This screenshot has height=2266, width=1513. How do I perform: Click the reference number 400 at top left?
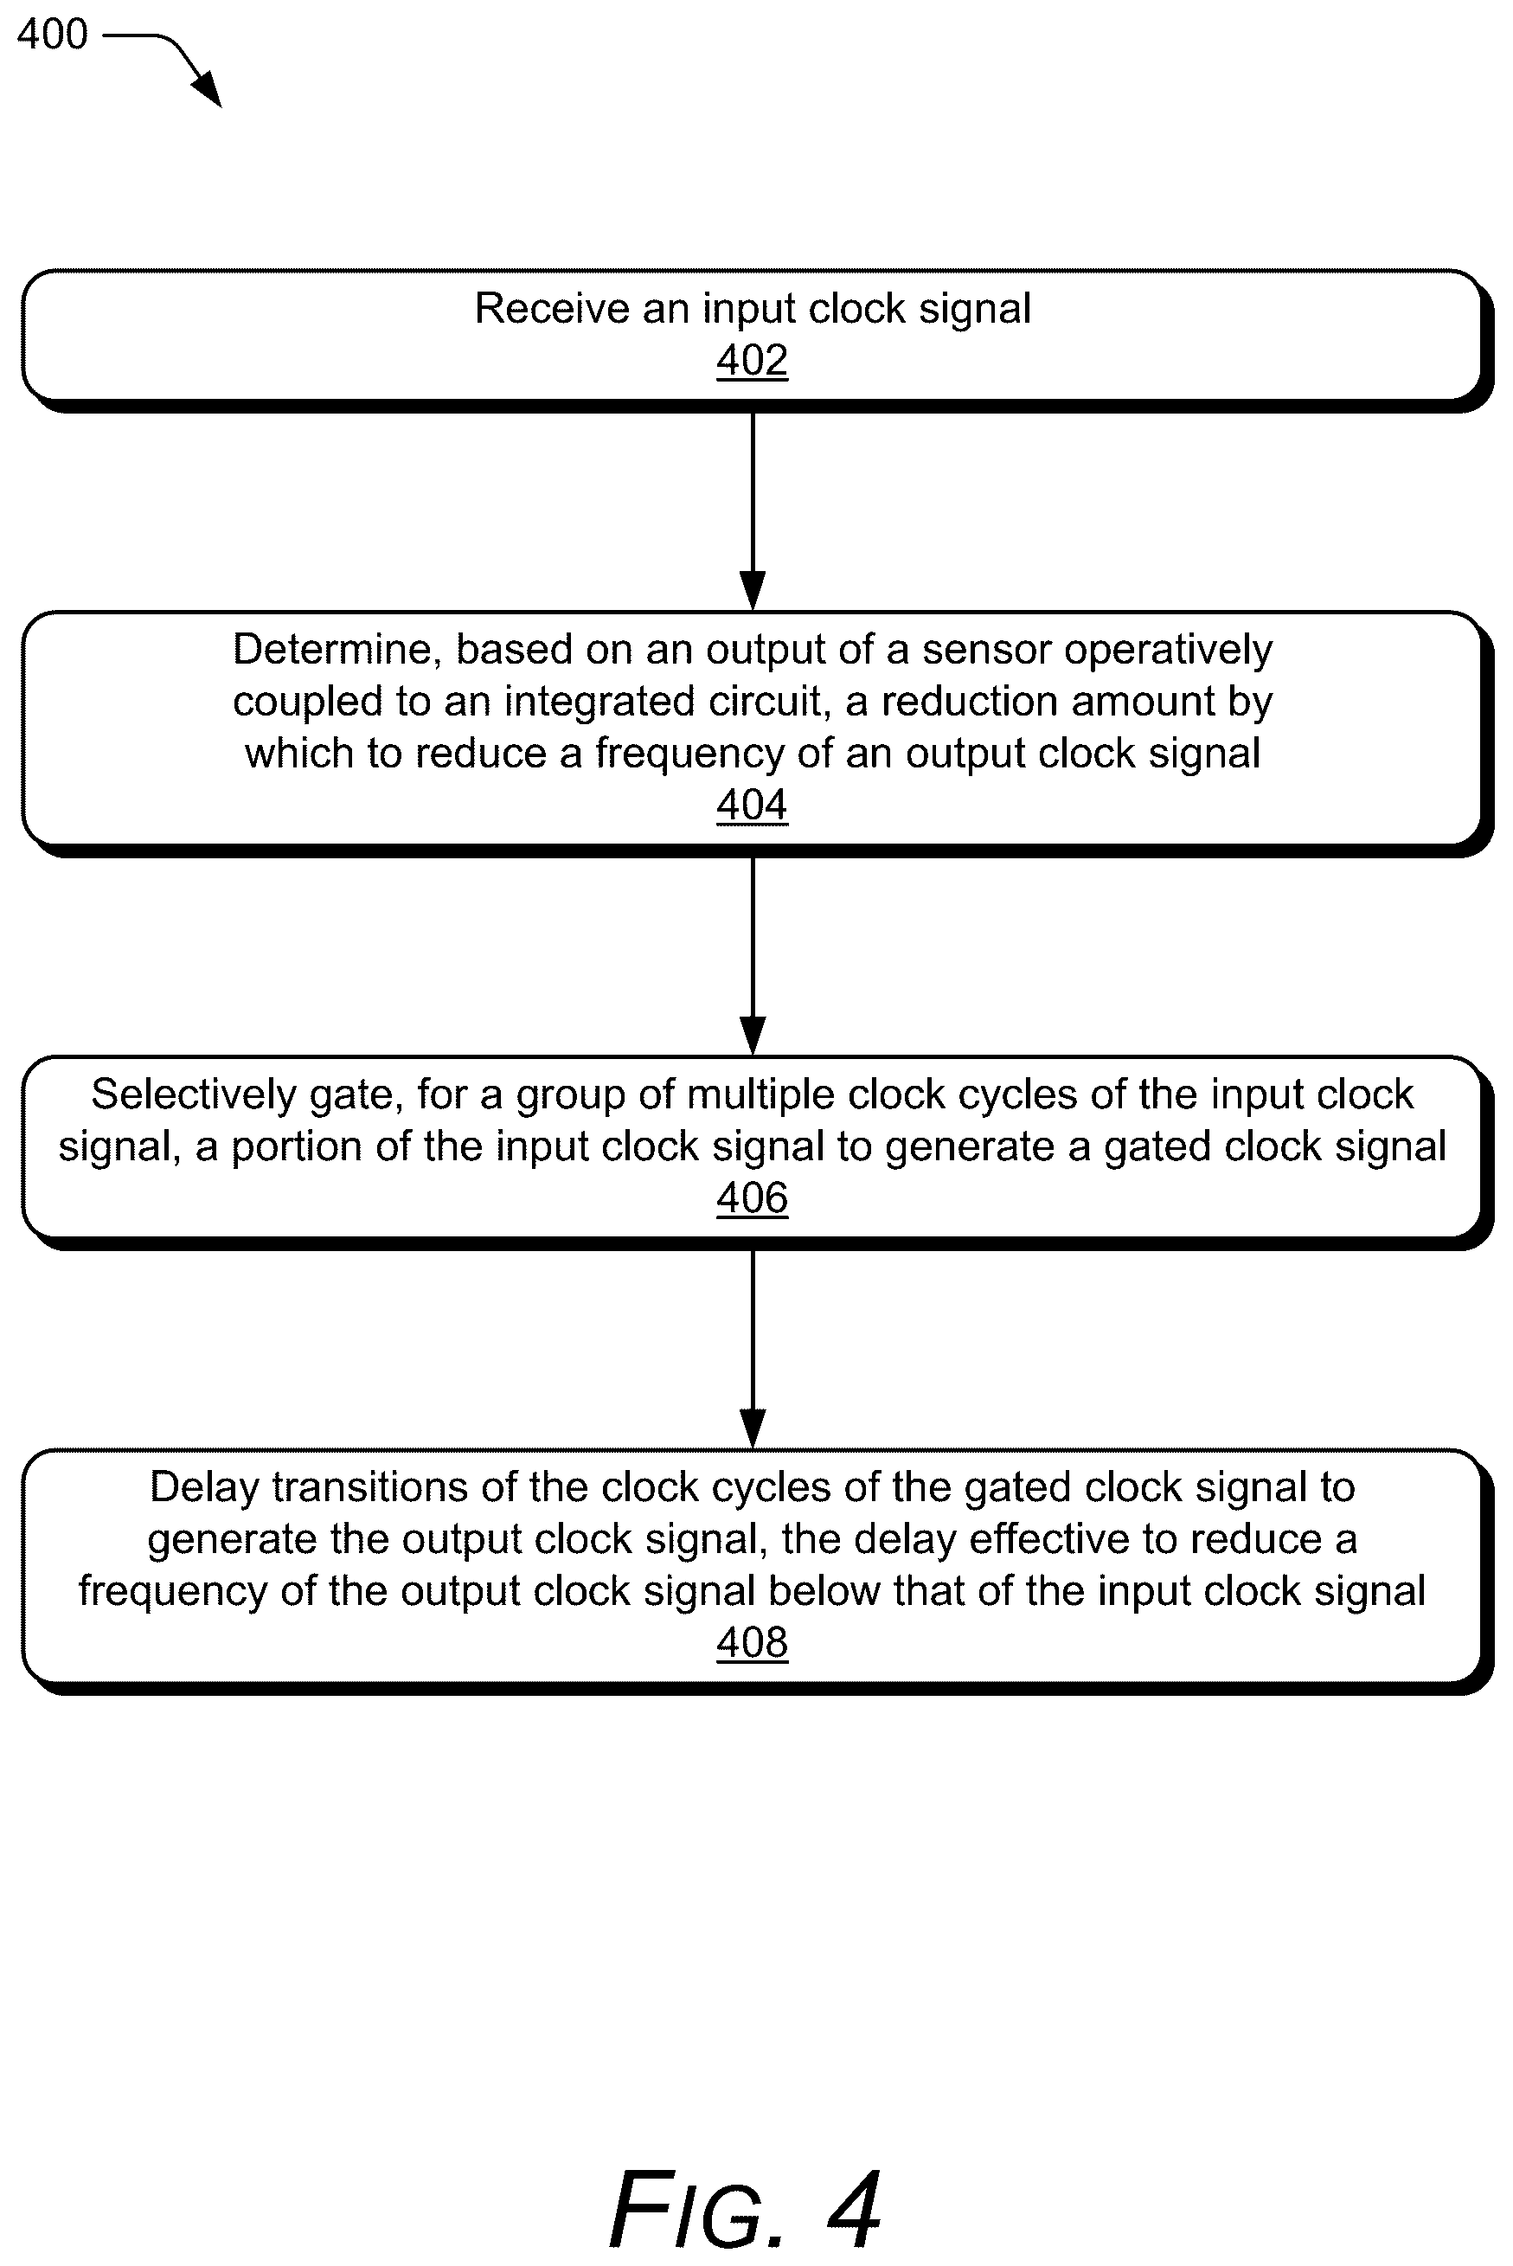(x=52, y=35)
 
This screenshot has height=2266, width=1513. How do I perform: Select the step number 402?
(x=752, y=360)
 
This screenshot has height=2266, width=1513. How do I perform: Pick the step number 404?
(x=752, y=805)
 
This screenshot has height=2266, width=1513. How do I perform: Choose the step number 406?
(x=752, y=1197)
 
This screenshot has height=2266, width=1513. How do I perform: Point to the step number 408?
(x=752, y=1641)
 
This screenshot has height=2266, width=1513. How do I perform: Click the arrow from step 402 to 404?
(x=753, y=511)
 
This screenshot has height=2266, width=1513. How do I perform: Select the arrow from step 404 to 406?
(x=753, y=956)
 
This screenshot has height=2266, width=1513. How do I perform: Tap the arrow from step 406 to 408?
(x=753, y=1349)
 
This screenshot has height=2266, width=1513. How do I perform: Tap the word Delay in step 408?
(x=203, y=1487)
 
